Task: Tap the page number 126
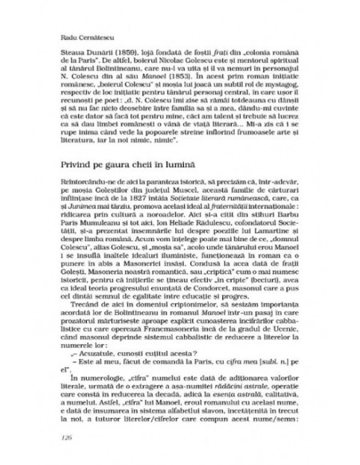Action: (x=66, y=436)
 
